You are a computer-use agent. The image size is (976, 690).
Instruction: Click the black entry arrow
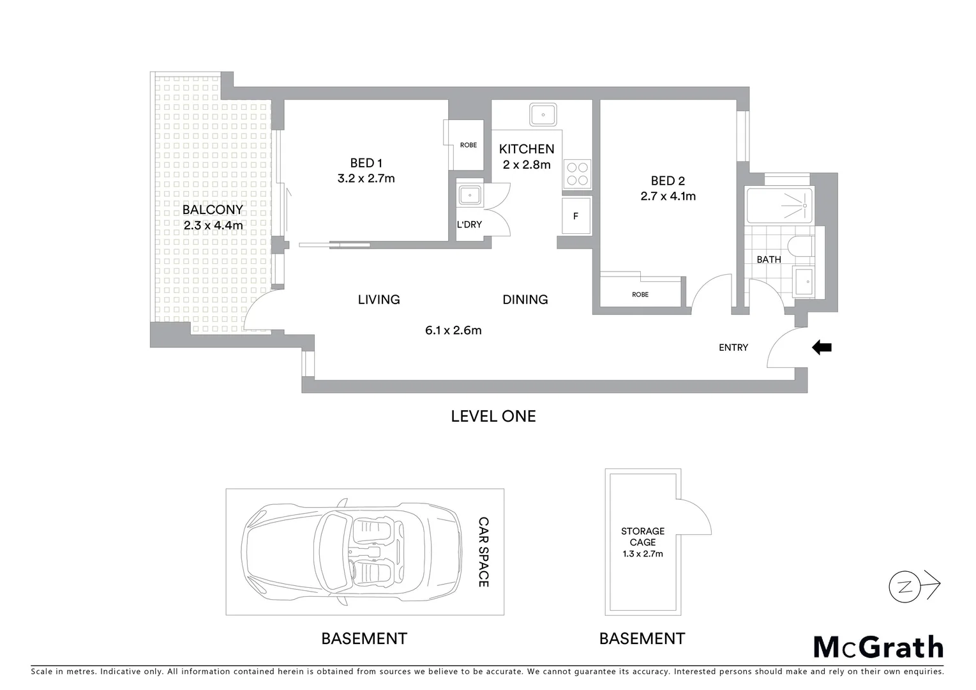822,348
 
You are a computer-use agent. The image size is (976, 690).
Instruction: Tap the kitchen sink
543,115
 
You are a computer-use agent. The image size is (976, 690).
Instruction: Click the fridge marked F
576,216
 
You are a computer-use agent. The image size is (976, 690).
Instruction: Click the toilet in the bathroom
800,247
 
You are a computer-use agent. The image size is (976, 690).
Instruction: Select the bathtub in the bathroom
779,205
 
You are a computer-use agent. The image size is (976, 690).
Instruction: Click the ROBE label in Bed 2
640,295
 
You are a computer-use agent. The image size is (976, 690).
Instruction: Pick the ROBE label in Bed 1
469,145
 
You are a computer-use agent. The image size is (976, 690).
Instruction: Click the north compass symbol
905,585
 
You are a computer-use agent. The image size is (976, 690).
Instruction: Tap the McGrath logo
878,647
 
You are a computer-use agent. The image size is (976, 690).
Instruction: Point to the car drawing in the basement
350,552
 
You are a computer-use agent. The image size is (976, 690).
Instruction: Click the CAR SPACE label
484,552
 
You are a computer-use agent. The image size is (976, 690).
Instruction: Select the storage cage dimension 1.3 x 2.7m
643,554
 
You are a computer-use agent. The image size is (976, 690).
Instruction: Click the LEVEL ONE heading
493,416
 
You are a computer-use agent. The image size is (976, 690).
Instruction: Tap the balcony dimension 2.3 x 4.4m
213,226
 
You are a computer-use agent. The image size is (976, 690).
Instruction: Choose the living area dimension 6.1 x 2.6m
453,330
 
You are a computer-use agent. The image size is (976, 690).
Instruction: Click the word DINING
525,299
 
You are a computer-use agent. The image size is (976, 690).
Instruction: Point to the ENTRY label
733,348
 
